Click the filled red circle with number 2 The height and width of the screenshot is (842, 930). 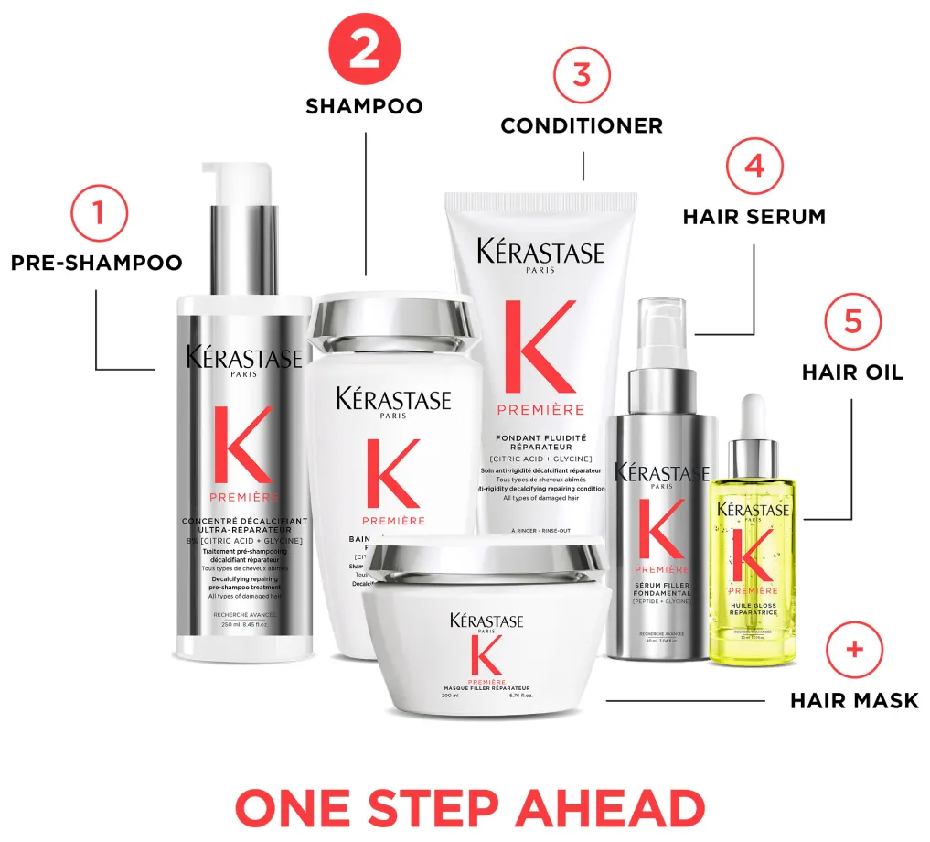click(x=364, y=49)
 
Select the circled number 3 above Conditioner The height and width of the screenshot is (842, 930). click(x=582, y=74)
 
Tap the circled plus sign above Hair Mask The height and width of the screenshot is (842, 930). click(x=854, y=650)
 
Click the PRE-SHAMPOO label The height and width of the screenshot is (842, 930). click(x=96, y=263)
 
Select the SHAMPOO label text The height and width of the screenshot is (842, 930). click(x=364, y=106)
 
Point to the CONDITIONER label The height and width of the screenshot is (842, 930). click(x=582, y=126)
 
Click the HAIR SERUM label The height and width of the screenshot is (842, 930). click(x=754, y=217)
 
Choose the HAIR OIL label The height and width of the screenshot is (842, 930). click(x=852, y=372)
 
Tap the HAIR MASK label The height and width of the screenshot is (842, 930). click(x=854, y=701)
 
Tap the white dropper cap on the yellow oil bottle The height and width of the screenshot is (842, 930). click(x=753, y=412)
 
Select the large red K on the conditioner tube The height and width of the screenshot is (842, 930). click(x=540, y=349)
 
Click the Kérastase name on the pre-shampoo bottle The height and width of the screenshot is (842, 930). click(x=243, y=357)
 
